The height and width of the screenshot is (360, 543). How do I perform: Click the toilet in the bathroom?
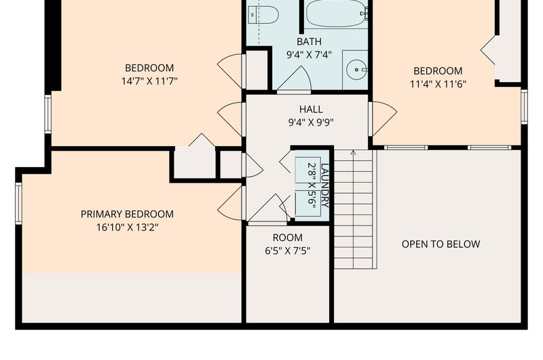click(x=263, y=15)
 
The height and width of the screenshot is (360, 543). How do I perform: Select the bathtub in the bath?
click(x=336, y=13)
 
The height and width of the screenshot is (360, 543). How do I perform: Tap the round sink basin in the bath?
click(x=356, y=70)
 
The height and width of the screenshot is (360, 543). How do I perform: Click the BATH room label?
click(x=309, y=41)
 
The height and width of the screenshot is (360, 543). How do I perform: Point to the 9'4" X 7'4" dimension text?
click(x=309, y=55)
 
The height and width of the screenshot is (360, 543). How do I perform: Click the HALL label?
click(x=311, y=109)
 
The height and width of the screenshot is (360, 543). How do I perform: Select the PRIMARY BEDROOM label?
click(x=127, y=214)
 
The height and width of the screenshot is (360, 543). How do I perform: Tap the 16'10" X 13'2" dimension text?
click(x=127, y=228)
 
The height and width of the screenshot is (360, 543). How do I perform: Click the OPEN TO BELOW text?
click(x=441, y=245)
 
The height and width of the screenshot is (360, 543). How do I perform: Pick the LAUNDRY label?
click(x=325, y=185)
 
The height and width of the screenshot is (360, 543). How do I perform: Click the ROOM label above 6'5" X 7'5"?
click(x=287, y=238)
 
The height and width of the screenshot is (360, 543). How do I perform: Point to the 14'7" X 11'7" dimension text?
click(x=149, y=82)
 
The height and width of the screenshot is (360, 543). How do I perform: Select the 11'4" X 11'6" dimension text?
click(x=438, y=84)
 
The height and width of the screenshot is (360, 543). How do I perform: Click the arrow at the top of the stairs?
click(x=353, y=153)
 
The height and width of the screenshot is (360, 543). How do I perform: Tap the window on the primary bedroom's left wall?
click(x=18, y=203)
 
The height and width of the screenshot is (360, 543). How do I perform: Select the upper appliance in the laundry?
click(x=307, y=170)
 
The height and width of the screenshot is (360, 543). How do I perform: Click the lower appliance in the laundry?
click(x=307, y=203)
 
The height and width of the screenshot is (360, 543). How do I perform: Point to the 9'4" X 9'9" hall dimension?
click(x=311, y=123)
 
